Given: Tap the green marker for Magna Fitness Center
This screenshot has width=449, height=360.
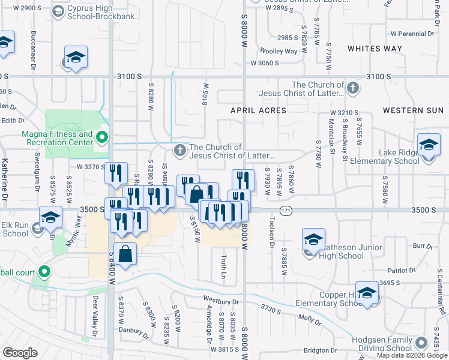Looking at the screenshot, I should click(x=102, y=138).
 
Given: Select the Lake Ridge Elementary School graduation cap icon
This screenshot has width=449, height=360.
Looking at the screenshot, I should click(x=429, y=146).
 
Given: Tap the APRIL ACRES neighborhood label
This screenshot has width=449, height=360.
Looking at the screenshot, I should click(x=259, y=110).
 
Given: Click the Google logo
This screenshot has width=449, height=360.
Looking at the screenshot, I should click(x=20, y=353).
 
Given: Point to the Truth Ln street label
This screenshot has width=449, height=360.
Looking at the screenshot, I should click(x=223, y=266).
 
